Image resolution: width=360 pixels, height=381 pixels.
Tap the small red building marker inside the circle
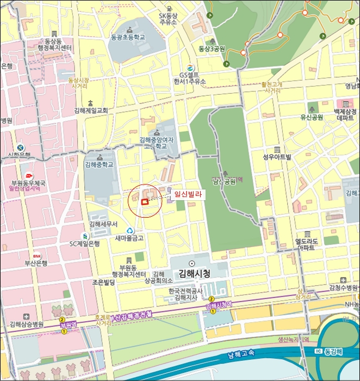tap(145, 202)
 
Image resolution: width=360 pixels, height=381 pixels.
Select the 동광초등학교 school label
tap(128, 38)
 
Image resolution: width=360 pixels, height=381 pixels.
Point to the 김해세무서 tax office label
tap(104, 224)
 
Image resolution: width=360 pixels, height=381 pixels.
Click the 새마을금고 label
tap(129, 238)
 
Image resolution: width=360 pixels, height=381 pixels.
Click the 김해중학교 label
tap(99, 164)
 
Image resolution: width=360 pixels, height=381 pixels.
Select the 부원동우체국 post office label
tap(28, 184)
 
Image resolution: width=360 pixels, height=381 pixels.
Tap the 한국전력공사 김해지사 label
tap(186, 294)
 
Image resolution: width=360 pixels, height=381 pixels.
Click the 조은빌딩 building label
tap(103, 282)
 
